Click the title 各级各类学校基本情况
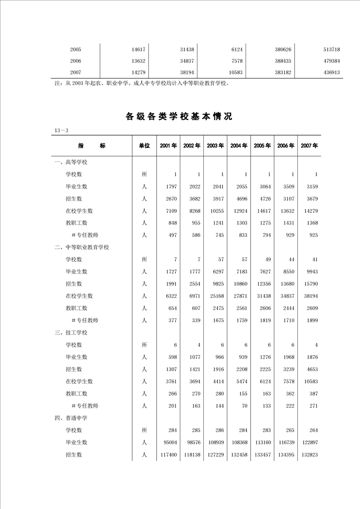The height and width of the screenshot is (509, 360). (179, 117)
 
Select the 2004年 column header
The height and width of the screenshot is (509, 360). (239, 146)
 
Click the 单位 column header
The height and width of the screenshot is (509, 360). (144, 146)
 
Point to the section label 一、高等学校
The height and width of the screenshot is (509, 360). (71, 162)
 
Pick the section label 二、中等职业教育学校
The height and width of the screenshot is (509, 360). (82, 247)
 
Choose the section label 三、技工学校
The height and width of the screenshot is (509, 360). (71, 333)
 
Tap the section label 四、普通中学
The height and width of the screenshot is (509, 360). (71, 418)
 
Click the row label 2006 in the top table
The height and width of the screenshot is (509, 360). (76, 61)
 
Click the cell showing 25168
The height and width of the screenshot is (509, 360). (215, 296)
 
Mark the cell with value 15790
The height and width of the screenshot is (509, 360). (309, 284)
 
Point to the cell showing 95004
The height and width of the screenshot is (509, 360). (168, 442)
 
